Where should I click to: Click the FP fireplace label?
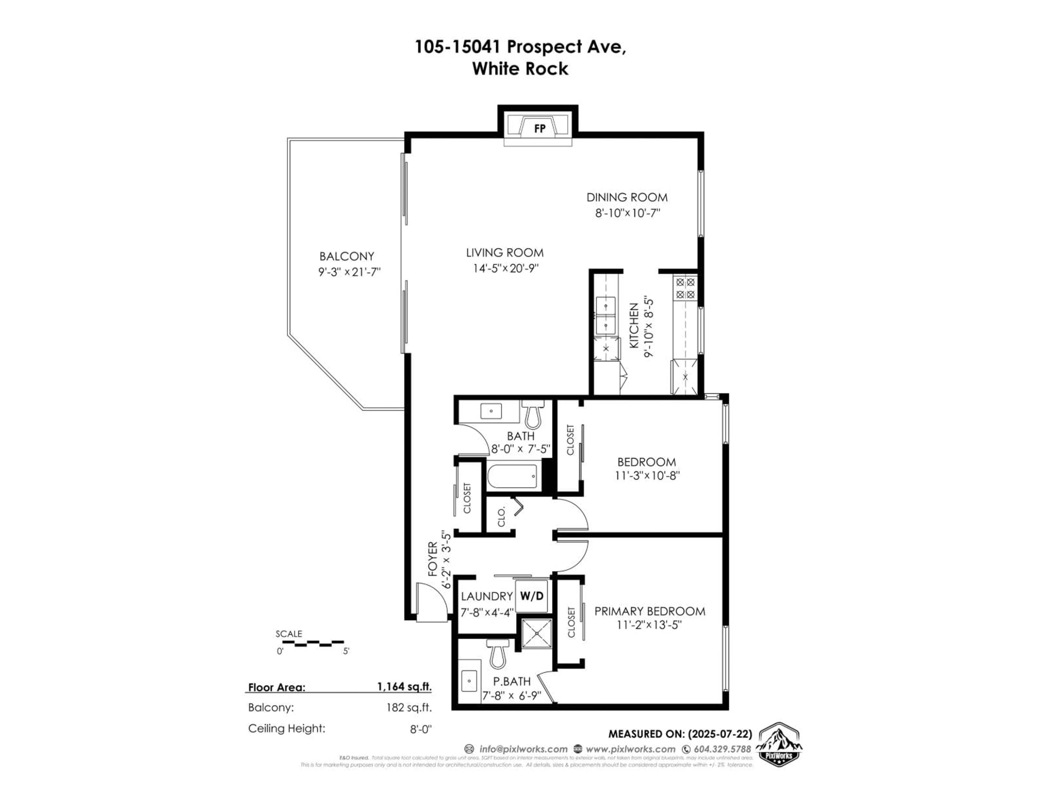coord(539,128)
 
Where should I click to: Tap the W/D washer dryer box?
coord(532,596)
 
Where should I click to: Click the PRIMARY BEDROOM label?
coord(650,611)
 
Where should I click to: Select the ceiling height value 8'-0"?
coord(421,729)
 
